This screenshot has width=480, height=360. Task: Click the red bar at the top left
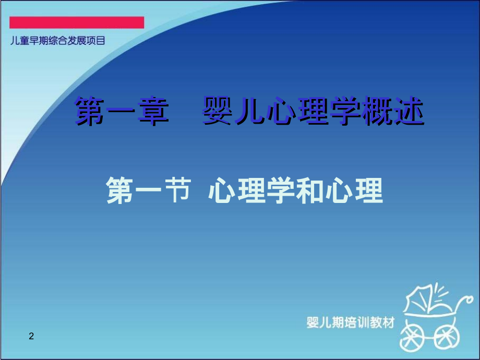[77, 22]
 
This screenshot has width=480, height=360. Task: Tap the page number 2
[31, 336]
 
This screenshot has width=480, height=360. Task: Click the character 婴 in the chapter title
[217, 110]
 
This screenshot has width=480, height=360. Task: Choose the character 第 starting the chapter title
[90, 110]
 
